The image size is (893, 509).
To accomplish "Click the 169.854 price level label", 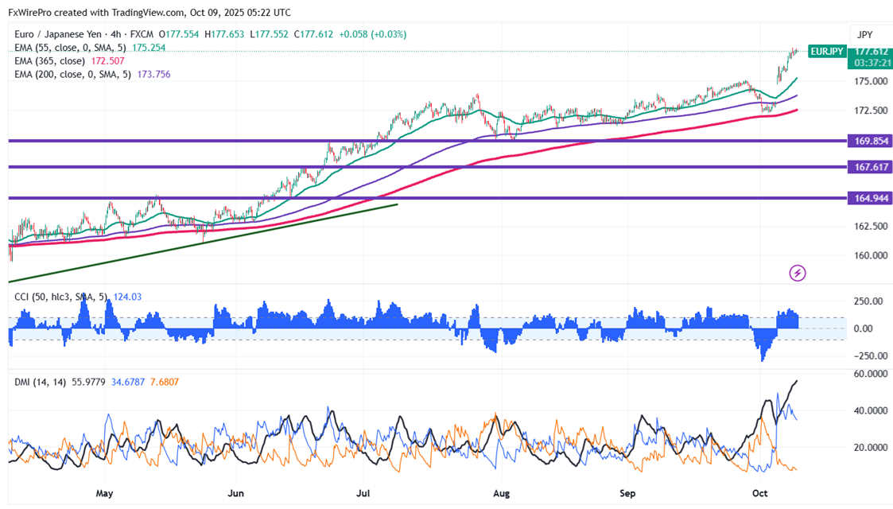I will [x=872, y=141].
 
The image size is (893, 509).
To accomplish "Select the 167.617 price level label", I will [x=872, y=167].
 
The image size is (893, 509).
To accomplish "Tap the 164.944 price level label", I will [x=872, y=197].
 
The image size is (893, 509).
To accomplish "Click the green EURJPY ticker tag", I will [x=825, y=52].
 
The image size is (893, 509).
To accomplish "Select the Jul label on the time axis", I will [x=364, y=493].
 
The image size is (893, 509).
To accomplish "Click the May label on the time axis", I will [x=105, y=493].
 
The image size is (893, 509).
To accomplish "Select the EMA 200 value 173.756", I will [x=152, y=74].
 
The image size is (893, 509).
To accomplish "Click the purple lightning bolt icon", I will [x=798, y=274].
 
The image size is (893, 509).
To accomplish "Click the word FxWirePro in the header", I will [x=32, y=13].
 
